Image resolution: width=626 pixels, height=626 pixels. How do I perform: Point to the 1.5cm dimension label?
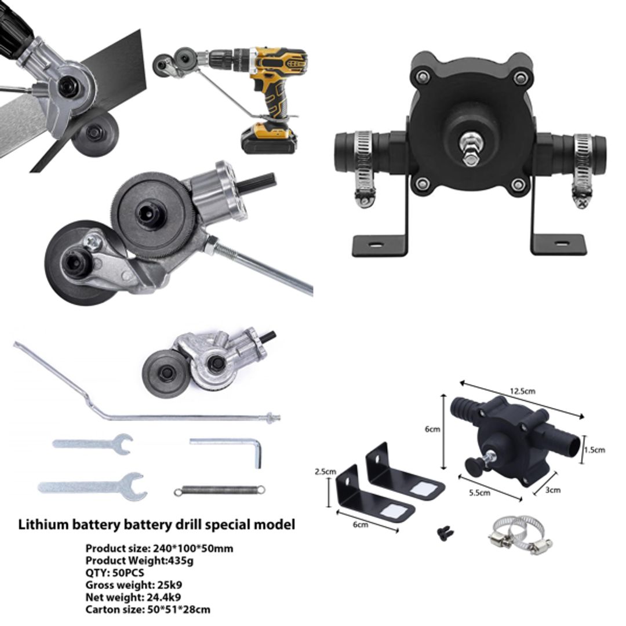[x=594, y=450]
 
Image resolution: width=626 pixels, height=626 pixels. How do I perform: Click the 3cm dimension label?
[x=554, y=490]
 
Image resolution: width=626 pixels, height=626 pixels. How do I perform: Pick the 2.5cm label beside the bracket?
[x=325, y=471]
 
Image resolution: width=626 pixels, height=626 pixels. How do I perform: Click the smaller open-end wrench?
[x=93, y=443]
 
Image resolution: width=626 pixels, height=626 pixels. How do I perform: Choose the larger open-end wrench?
[x=93, y=486]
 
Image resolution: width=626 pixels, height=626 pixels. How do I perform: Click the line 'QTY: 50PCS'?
[x=115, y=572]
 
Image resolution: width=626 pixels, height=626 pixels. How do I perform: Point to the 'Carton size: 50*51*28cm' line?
[x=148, y=609]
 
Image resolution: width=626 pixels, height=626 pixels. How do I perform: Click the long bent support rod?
[x=116, y=400]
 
